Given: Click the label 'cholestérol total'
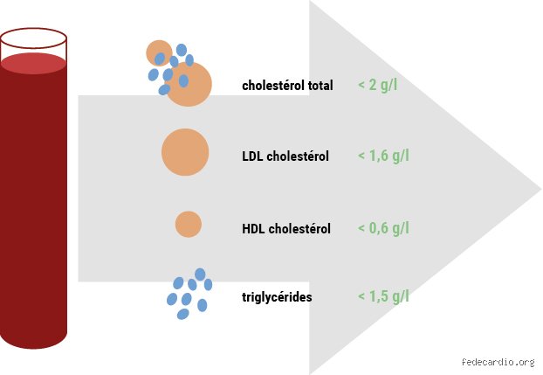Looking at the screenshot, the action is [x=287, y=86].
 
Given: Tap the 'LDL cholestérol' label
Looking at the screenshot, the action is [x=285, y=156].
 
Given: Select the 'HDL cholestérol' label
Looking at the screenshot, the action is [x=286, y=229].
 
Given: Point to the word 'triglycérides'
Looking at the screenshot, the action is [x=277, y=297].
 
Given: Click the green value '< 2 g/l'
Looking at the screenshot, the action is [x=378, y=85].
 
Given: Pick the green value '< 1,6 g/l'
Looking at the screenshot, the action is [x=384, y=156].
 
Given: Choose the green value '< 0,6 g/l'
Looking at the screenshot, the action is [x=384, y=228].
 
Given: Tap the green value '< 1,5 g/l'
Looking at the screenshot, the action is [x=384, y=296].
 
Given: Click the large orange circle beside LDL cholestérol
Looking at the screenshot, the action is [x=185, y=152].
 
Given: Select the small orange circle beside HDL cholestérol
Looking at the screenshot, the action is [x=189, y=224].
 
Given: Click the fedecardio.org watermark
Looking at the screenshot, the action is [x=498, y=362].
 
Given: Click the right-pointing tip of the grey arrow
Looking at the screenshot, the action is [x=541, y=189].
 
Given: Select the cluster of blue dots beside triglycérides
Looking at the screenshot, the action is [x=189, y=294].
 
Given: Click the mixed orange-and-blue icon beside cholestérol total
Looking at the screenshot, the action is [x=179, y=73].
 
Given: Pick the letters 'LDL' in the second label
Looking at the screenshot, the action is [x=252, y=156].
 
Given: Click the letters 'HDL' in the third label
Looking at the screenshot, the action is [x=253, y=229].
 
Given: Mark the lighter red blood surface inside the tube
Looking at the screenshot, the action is [x=33, y=64].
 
